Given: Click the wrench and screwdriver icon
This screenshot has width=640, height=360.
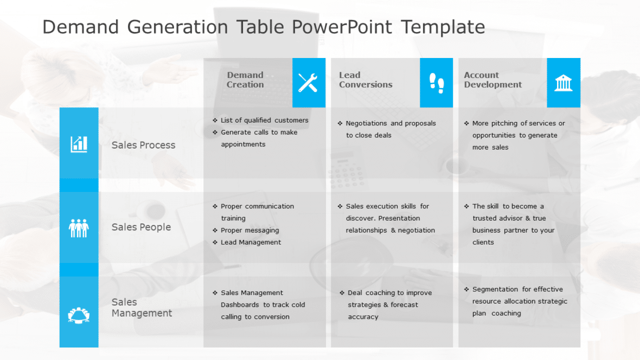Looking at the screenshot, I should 308,83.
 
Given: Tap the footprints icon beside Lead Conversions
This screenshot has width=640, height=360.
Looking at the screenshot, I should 436,83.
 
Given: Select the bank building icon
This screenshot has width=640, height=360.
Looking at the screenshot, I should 563,83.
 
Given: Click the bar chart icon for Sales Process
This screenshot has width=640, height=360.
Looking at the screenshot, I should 79,144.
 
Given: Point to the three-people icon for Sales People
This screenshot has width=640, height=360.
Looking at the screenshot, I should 79,227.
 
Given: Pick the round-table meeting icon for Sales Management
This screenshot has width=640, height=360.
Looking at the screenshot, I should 79,314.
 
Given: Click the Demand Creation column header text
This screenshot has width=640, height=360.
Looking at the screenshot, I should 245,80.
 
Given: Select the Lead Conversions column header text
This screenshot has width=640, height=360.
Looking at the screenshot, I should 366,80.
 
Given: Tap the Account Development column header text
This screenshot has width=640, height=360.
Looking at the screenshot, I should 492,80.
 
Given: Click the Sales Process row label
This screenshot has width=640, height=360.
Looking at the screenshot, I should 143,145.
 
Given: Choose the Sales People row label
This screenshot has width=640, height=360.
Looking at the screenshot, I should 141,227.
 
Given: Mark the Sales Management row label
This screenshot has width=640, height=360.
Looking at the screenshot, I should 142,307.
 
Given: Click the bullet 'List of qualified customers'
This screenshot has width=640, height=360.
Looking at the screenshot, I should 264,120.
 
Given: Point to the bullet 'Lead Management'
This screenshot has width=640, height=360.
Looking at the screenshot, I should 251,242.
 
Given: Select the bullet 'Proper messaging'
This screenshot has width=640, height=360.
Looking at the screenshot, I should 249,230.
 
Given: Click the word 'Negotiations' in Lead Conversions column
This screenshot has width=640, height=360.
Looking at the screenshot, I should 367,123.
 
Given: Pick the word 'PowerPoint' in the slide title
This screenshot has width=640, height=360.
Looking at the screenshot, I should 342,27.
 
